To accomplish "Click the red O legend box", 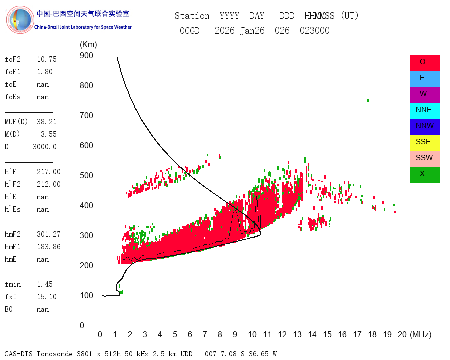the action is coord(424,63).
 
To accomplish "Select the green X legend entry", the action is coord(424,174).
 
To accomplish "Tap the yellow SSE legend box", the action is coord(424,142).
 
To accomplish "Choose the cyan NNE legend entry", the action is coord(424,110).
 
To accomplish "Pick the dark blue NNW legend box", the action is coord(424,126).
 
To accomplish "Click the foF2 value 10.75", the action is coord(47,59).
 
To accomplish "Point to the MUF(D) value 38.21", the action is coord(47,122).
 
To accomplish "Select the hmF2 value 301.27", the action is coord(49,234).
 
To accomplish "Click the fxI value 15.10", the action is coord(47,297).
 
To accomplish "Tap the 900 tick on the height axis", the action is coord(86,55).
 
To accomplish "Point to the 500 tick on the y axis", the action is coord(86,175).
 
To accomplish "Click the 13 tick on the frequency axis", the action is coord(297,334).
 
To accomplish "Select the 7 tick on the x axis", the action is coord(205,334).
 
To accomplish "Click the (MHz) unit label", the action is coord(420,334).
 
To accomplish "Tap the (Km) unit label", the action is coord(88,45).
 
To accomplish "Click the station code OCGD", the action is coord(189,30).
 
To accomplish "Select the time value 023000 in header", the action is coord(315,30).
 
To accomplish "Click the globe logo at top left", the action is coord(20,20).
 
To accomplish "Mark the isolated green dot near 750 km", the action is coord(368,100).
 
